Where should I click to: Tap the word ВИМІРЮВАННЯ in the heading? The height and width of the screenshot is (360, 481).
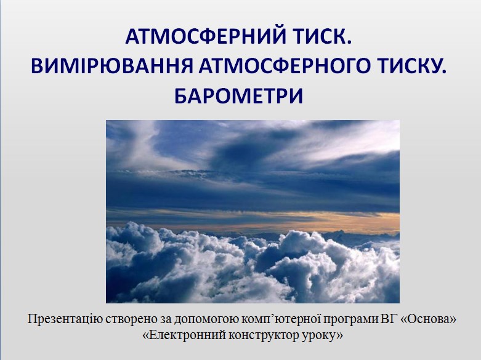click(x=111, y=66)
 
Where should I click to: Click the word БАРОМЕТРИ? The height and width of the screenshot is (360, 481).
click(x=239, y=96)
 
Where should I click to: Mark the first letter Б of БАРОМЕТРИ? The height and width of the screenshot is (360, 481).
click(x=181, y=96)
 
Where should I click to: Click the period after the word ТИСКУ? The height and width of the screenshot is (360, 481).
click(x=444, y=72)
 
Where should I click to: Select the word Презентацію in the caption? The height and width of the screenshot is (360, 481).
click(x=65, y=319)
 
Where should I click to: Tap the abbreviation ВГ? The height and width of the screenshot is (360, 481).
click(x=389, y=319)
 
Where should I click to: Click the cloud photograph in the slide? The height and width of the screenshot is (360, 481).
click(x=253, y=212)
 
